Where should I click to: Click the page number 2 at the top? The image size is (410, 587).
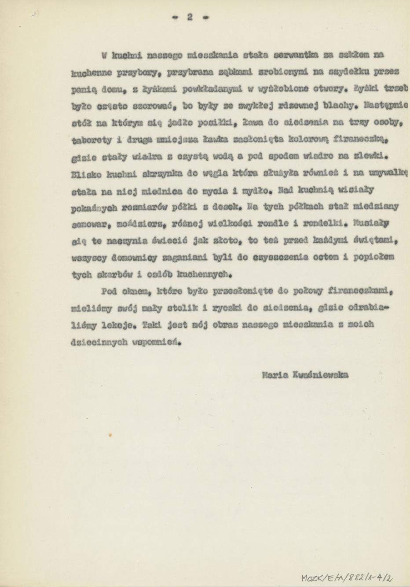[x=190, y=17]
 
